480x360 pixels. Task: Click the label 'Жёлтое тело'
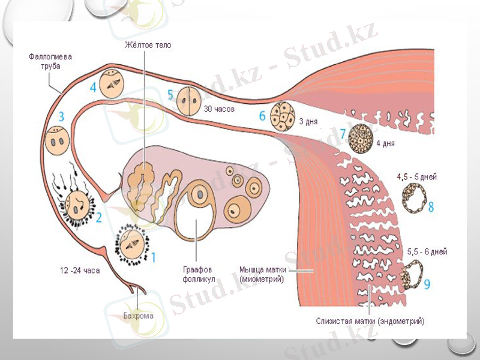(x=148, y=45)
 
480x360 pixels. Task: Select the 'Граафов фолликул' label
(x=197, y=274)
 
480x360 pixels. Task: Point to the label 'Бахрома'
(x=138, y=316)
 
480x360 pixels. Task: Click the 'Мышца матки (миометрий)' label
(x=262, y=274)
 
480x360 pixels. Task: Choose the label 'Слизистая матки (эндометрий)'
(x=370, y=322)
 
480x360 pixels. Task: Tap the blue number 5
(x=170, y=95)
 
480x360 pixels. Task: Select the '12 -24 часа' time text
(x=79, y=271)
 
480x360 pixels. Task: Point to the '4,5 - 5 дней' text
(x=416, y=177)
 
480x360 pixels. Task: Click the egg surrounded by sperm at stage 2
(x=77, y=206)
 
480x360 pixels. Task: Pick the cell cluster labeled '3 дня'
(x=281, y=116)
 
